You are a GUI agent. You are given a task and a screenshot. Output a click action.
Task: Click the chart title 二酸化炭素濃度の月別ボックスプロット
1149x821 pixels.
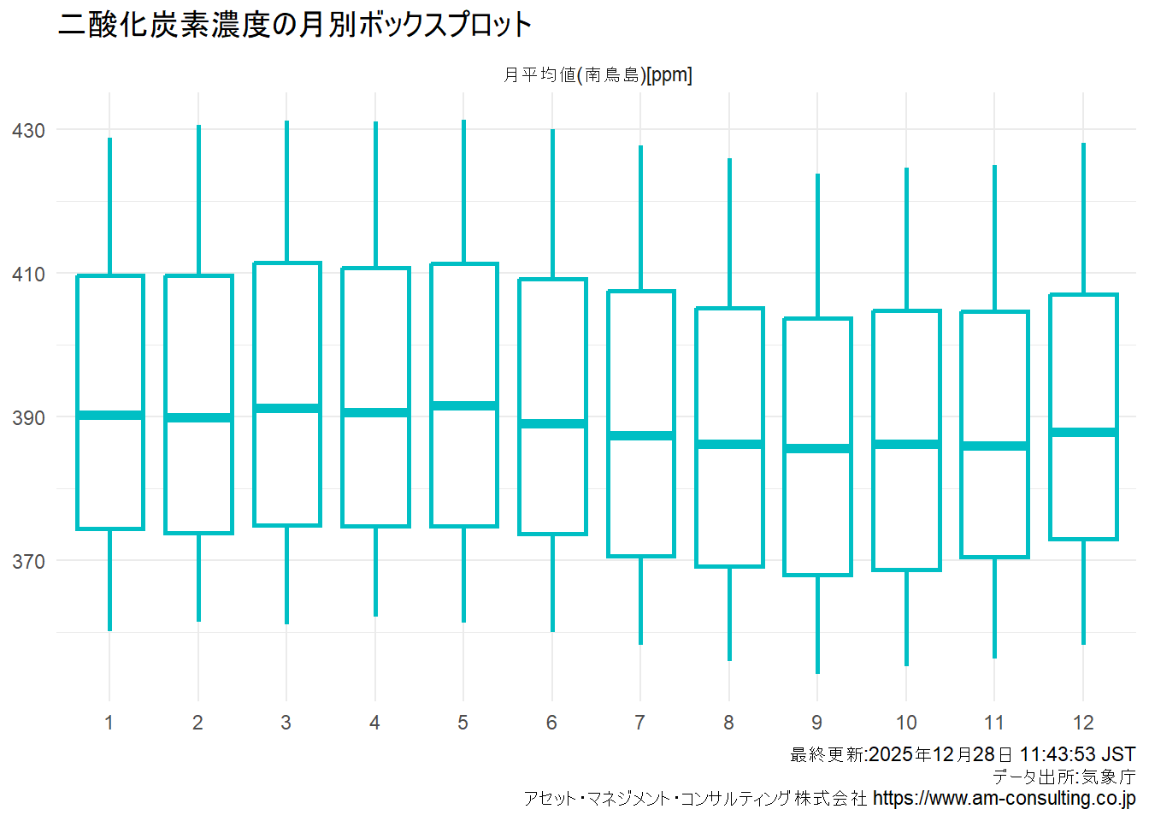(295, 25)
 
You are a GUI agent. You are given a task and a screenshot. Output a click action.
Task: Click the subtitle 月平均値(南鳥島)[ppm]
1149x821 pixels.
(598, 75)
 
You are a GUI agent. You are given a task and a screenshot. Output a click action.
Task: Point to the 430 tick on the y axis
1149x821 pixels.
(28, 131)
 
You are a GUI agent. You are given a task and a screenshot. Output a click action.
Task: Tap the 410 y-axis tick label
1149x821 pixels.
(28, 275)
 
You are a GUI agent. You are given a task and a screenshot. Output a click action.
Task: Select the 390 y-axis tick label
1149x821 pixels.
(28, 418)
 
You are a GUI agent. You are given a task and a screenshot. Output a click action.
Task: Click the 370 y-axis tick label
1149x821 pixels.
(28, 562)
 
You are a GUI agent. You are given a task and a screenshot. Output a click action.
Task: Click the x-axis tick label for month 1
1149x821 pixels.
(109, 723)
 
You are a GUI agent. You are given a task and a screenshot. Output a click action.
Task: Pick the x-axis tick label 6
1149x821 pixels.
(551, 723)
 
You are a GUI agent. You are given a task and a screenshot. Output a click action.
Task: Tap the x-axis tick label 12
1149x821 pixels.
(1083, 723)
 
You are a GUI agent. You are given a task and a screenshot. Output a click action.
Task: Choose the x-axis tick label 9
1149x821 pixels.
(817, 723)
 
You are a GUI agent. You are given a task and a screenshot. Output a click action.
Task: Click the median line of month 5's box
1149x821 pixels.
(464, 405)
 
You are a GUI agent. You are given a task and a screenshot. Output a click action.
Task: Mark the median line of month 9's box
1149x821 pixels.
(818, 448)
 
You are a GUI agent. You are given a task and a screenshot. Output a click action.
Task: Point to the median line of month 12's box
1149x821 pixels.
(1083, 432)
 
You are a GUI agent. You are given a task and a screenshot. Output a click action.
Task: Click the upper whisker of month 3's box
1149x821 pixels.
(287, 192)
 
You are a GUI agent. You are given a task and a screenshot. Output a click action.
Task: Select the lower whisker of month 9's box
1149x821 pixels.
(818, 624)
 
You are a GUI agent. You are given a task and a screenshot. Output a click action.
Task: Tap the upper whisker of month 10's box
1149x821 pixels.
(906, 239)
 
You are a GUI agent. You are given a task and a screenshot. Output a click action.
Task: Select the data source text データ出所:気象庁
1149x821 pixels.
(1064, 777)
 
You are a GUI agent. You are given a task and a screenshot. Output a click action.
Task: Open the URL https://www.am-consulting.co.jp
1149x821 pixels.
(1004, 799)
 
